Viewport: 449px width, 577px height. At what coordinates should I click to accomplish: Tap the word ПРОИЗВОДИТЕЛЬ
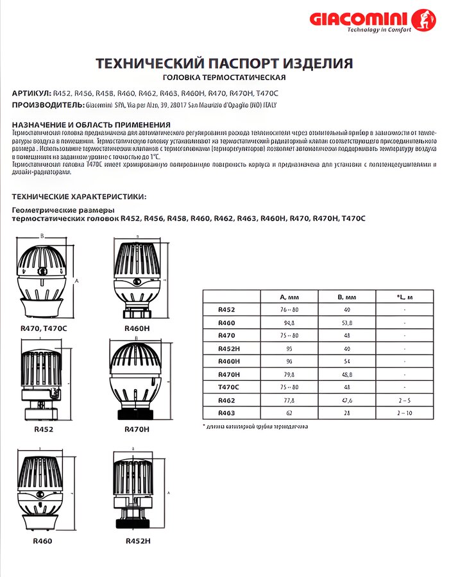[x=47, y=105]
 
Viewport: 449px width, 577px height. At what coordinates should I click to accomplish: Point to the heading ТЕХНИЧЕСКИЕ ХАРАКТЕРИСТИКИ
[x=79, y=196]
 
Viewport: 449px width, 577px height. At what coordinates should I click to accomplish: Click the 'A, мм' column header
[x=289, y=297]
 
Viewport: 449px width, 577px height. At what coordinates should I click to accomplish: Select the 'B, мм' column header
[x=346, y=297]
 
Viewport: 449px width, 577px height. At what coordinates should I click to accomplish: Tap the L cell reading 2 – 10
[x=405, y=413]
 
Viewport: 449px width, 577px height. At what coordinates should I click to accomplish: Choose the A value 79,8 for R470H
[x=289, y=374]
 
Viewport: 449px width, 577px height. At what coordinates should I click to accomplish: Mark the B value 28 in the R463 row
[x=346, y=413]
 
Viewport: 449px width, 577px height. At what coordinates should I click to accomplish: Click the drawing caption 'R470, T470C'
[x=39, y=328]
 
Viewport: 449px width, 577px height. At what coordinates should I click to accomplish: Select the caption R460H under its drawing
[x=137, y=328]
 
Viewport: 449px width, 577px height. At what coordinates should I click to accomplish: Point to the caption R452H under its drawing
[x=138, y=540]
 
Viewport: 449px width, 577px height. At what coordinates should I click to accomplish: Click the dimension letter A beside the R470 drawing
[x=76, y=280]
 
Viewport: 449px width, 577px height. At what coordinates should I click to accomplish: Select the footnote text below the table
[x=255, y=426]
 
